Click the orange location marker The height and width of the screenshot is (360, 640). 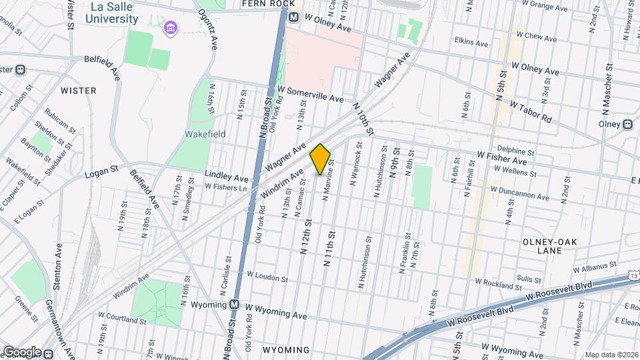point(320,159)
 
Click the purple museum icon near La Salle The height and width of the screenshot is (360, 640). point(171,29)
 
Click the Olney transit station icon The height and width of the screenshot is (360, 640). point(627,124)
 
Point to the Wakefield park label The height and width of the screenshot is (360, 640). point(205,134)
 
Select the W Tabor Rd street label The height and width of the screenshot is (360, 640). point(531,111)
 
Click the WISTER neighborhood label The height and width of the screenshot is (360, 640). point(79,90)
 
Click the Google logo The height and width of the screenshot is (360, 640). point(21,352)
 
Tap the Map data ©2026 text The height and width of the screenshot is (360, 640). point(611,355)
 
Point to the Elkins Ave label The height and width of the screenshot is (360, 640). point(471,42)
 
